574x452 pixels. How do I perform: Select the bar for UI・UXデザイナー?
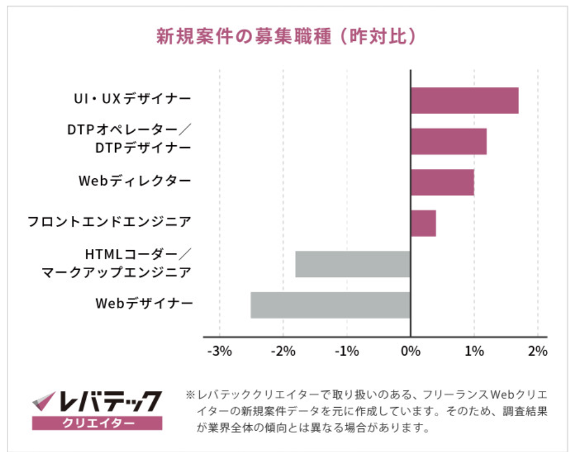coord(464,101)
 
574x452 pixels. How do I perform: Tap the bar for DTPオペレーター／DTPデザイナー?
coord(448,141)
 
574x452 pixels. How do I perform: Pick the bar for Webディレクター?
coord(442,182)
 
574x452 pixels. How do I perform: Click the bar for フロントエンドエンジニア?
coord(423,223)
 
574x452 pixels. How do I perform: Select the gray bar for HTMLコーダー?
coord(353,264)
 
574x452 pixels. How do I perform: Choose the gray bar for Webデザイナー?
coord(330,305)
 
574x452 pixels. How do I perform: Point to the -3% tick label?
coord(219,352)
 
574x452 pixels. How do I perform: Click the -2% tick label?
coord(283,352)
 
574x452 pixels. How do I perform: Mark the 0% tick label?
coord(411,352)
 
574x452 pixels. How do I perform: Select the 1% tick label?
coord(474,352)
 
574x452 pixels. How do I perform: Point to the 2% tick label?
coord(537,352)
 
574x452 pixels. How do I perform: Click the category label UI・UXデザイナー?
coord(133,99)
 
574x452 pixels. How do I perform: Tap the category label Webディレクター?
coord(135,181)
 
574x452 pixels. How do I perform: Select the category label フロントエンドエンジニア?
coord(110,222)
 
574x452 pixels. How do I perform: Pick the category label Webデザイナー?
coord(144,304)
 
